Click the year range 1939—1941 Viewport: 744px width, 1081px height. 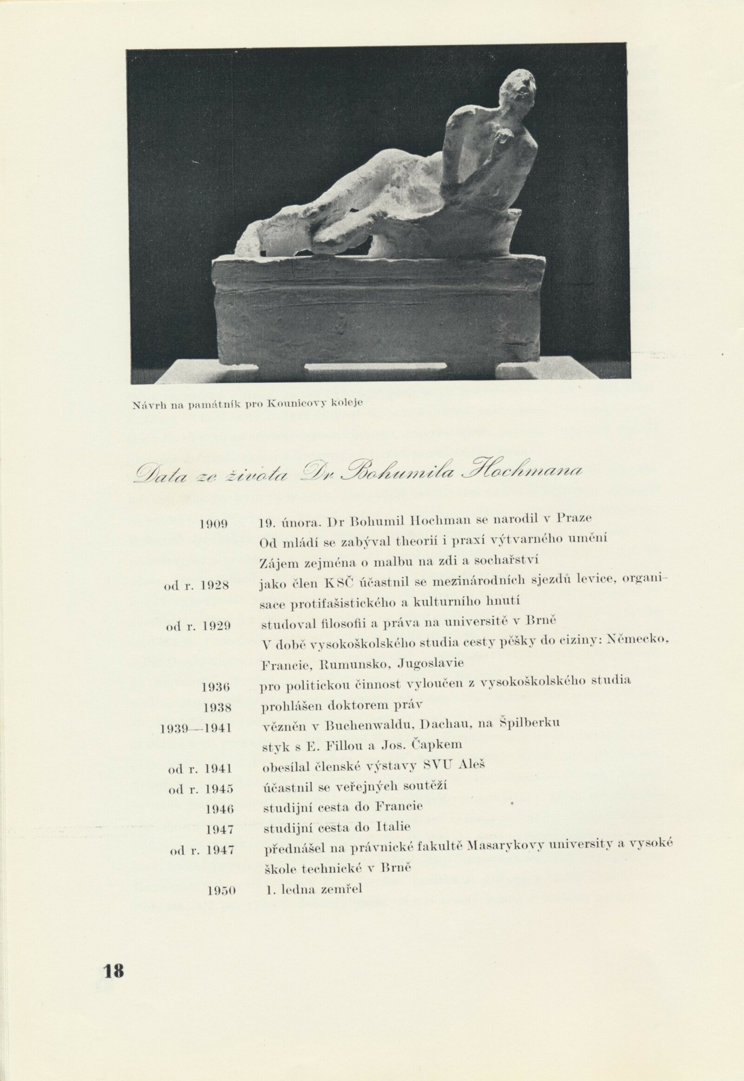[196, 728]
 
